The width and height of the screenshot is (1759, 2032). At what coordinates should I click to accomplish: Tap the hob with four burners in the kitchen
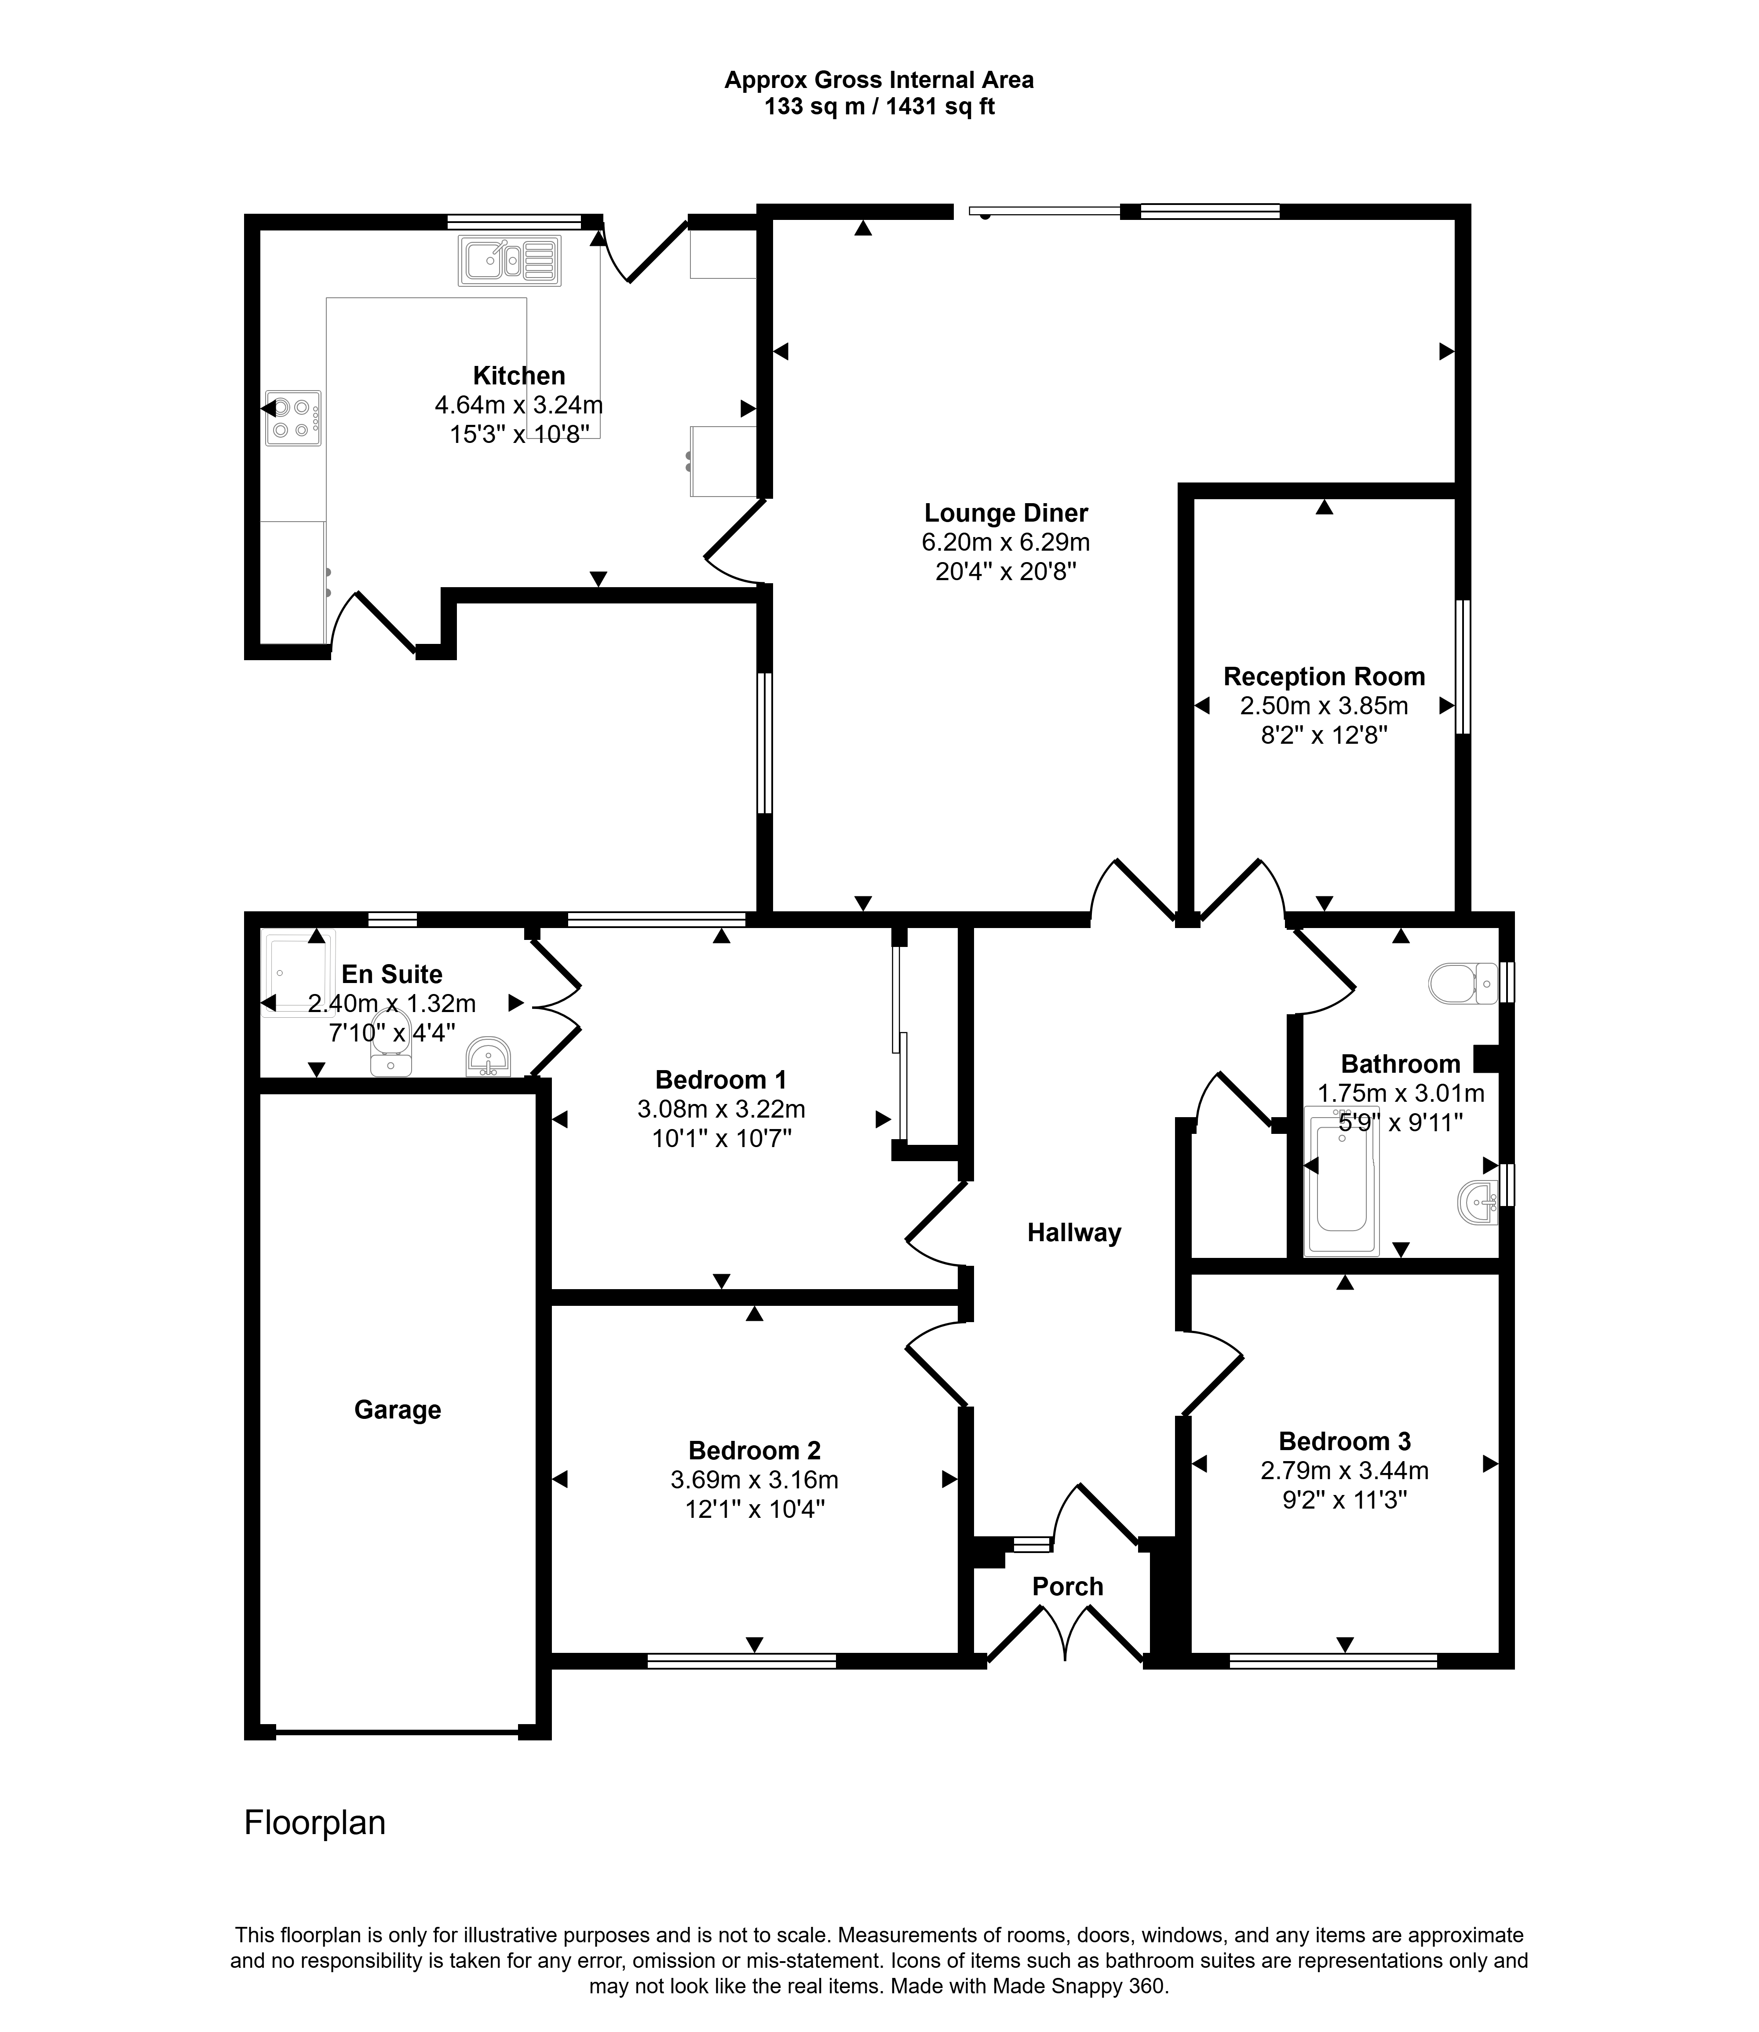tap(292, 418)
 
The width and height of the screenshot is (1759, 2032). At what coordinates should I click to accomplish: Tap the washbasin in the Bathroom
tap(1479, 1202)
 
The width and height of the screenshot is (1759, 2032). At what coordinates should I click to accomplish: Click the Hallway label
tap(1074, 1233)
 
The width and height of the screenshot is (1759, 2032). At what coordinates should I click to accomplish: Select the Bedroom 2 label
tap(755, 1450)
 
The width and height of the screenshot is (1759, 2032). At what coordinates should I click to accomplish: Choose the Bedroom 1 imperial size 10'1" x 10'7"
tap(722, 1139)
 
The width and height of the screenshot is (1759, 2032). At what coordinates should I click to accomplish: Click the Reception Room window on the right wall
tap(1463, 666)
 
